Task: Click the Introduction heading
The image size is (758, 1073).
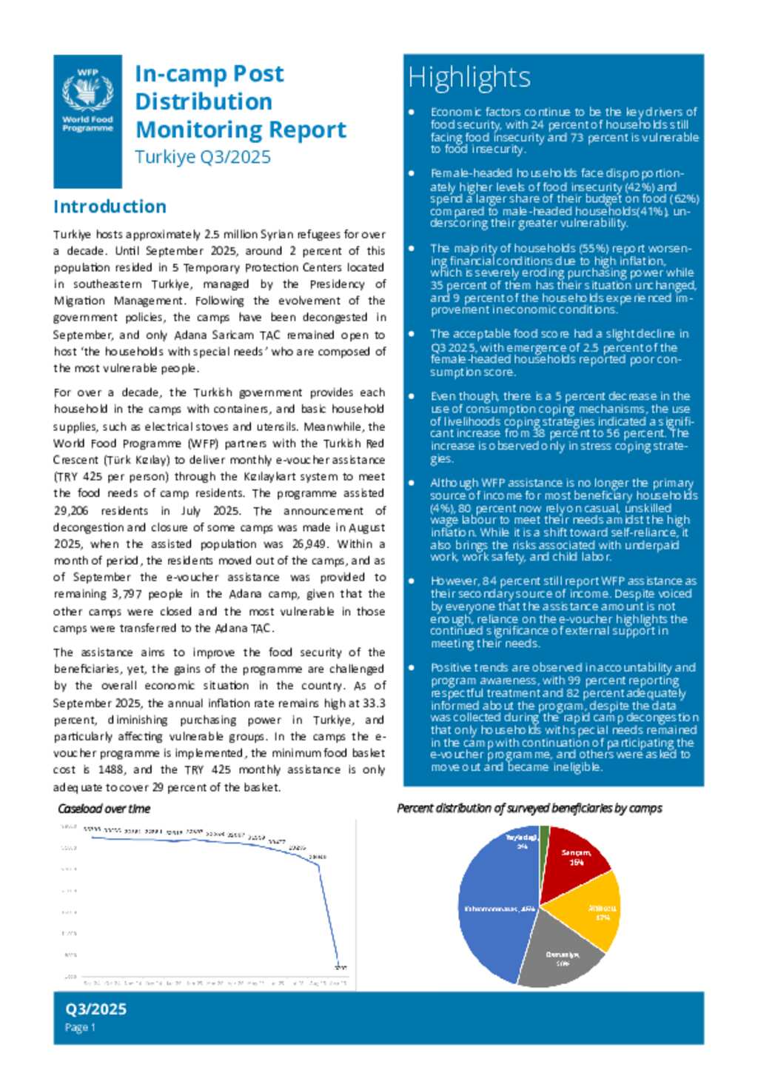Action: point(110,207)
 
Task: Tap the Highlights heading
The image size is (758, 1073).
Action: point(469,78)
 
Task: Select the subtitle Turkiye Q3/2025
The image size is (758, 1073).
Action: point(202,157)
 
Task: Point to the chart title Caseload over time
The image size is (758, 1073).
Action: point(104,809)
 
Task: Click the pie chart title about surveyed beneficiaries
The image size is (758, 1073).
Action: point(529,808)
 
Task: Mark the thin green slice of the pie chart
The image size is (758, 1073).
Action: point(545,834)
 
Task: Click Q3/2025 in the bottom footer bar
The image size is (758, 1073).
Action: point(95,1009)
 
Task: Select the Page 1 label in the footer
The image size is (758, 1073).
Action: point(80,1027)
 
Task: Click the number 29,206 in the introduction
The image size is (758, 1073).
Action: point(71,510)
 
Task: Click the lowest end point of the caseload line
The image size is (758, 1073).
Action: point(339,965)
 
